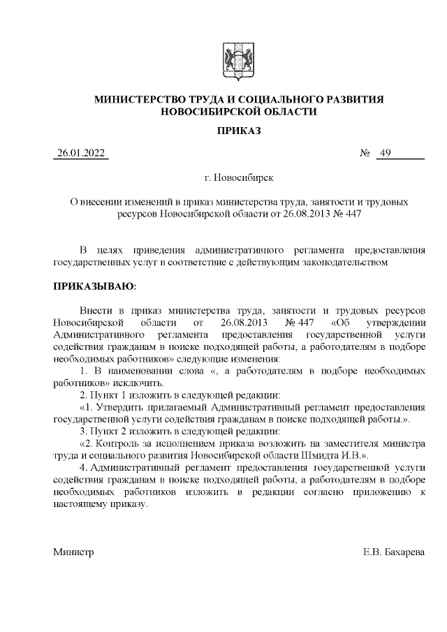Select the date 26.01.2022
[x=82, y=154]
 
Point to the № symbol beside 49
[x=364, y=154]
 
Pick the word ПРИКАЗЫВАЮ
[x=95, y=286]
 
